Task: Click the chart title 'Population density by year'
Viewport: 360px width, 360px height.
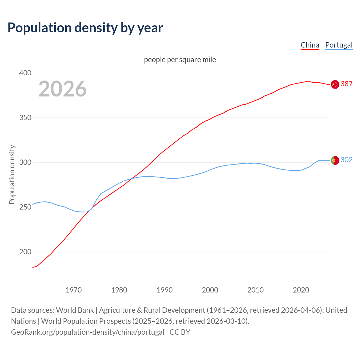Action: point(85,28)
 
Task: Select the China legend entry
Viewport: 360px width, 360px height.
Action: point(310,45)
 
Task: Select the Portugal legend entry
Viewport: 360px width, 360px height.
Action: point(339,45)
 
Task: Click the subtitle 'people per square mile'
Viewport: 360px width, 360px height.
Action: point(180,60)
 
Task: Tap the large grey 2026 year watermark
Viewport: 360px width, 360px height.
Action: point(62,89)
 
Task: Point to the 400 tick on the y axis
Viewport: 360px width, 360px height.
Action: point(25,73)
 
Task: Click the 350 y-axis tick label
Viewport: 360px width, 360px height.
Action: point(25,118)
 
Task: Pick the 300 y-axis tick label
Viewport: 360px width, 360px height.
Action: point(25,163)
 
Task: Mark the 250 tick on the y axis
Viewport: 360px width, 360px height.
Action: point(25,207)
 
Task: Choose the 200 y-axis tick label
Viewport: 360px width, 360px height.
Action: point(25,252)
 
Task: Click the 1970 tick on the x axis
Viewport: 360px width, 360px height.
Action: point(74,290)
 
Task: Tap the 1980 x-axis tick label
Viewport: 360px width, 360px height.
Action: point(119,290)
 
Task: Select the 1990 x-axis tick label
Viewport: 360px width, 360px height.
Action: point(165,290)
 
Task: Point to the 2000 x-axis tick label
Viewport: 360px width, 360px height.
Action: point(210,290)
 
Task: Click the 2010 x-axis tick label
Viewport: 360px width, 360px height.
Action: point(255,290)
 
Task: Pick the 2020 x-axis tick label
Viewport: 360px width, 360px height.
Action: point(301,290)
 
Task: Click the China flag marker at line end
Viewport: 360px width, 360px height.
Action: point(335,84)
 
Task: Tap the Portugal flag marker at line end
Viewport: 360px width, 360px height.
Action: point(335,160)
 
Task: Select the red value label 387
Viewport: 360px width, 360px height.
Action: point(346,84)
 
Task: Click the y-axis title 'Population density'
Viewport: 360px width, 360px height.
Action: point(12,174)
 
